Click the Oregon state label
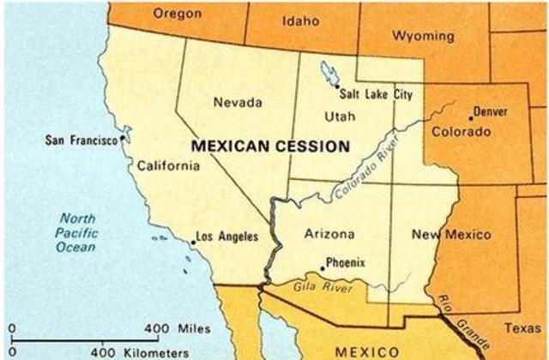click(177, 13)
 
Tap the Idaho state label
click(299, 20)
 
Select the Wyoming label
click(422, 36)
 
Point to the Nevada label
click(238, 103)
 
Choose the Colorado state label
click(461, 133)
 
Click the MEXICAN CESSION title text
click(270, 147)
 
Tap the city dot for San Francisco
click(125, 136)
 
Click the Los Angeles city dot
click(193, 243)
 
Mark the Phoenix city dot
click(321, 268)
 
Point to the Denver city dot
click(470, 117)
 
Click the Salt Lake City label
click(377, 94)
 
